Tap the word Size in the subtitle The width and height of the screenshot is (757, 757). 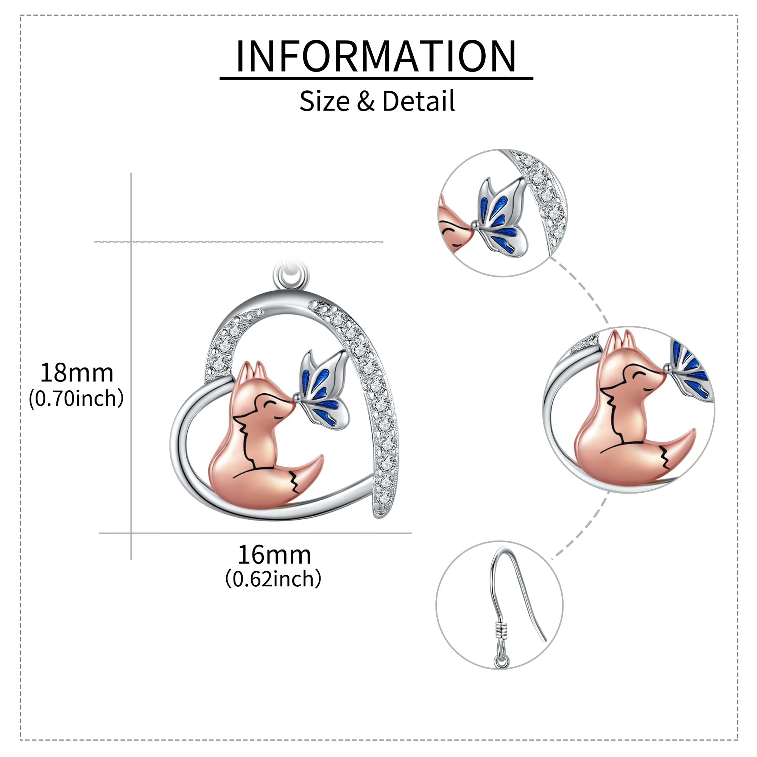324,101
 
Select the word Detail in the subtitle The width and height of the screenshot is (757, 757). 418,101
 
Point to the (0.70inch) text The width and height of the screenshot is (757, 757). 76,399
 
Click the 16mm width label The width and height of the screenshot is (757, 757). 274,555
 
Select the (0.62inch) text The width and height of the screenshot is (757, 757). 273,578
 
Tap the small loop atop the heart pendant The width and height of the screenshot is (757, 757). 291,276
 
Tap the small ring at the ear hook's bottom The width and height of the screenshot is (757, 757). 501,661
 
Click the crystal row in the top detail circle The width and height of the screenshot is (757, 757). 546,196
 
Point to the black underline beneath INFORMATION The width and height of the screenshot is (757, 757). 376,78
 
